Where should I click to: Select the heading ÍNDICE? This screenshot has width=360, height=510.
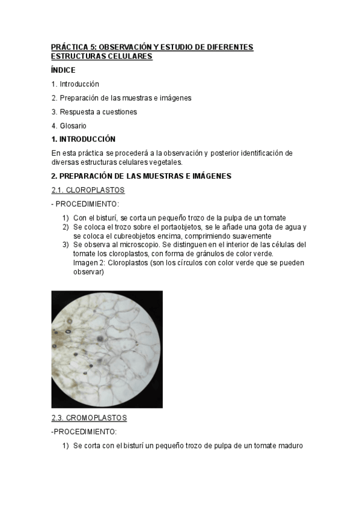pyautogui.click(x=63, y=70)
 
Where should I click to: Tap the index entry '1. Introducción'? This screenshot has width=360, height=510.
pyautogui.click(x=75, y=84)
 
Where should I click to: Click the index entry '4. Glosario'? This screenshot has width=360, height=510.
pyautogui.click(x=69, y=126)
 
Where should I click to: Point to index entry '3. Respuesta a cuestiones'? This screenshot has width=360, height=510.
pyautogui.click(x=94, y=112)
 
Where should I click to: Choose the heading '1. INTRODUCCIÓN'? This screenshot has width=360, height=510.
pyautogui.click(x=84, y=139)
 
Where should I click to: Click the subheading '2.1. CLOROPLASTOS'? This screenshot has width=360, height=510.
pyautogui.click(x=88, y=190)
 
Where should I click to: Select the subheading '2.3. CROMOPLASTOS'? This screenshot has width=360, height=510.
pyautogui.click(x=89, y=417)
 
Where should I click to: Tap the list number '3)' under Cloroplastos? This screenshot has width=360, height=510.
pyautogui.click(x=66, y=245)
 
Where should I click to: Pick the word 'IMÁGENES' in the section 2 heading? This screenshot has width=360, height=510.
pyautogui.click(x=206, y=176)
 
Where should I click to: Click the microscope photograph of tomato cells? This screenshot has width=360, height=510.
pyautogui.click(x=107, y=349)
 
